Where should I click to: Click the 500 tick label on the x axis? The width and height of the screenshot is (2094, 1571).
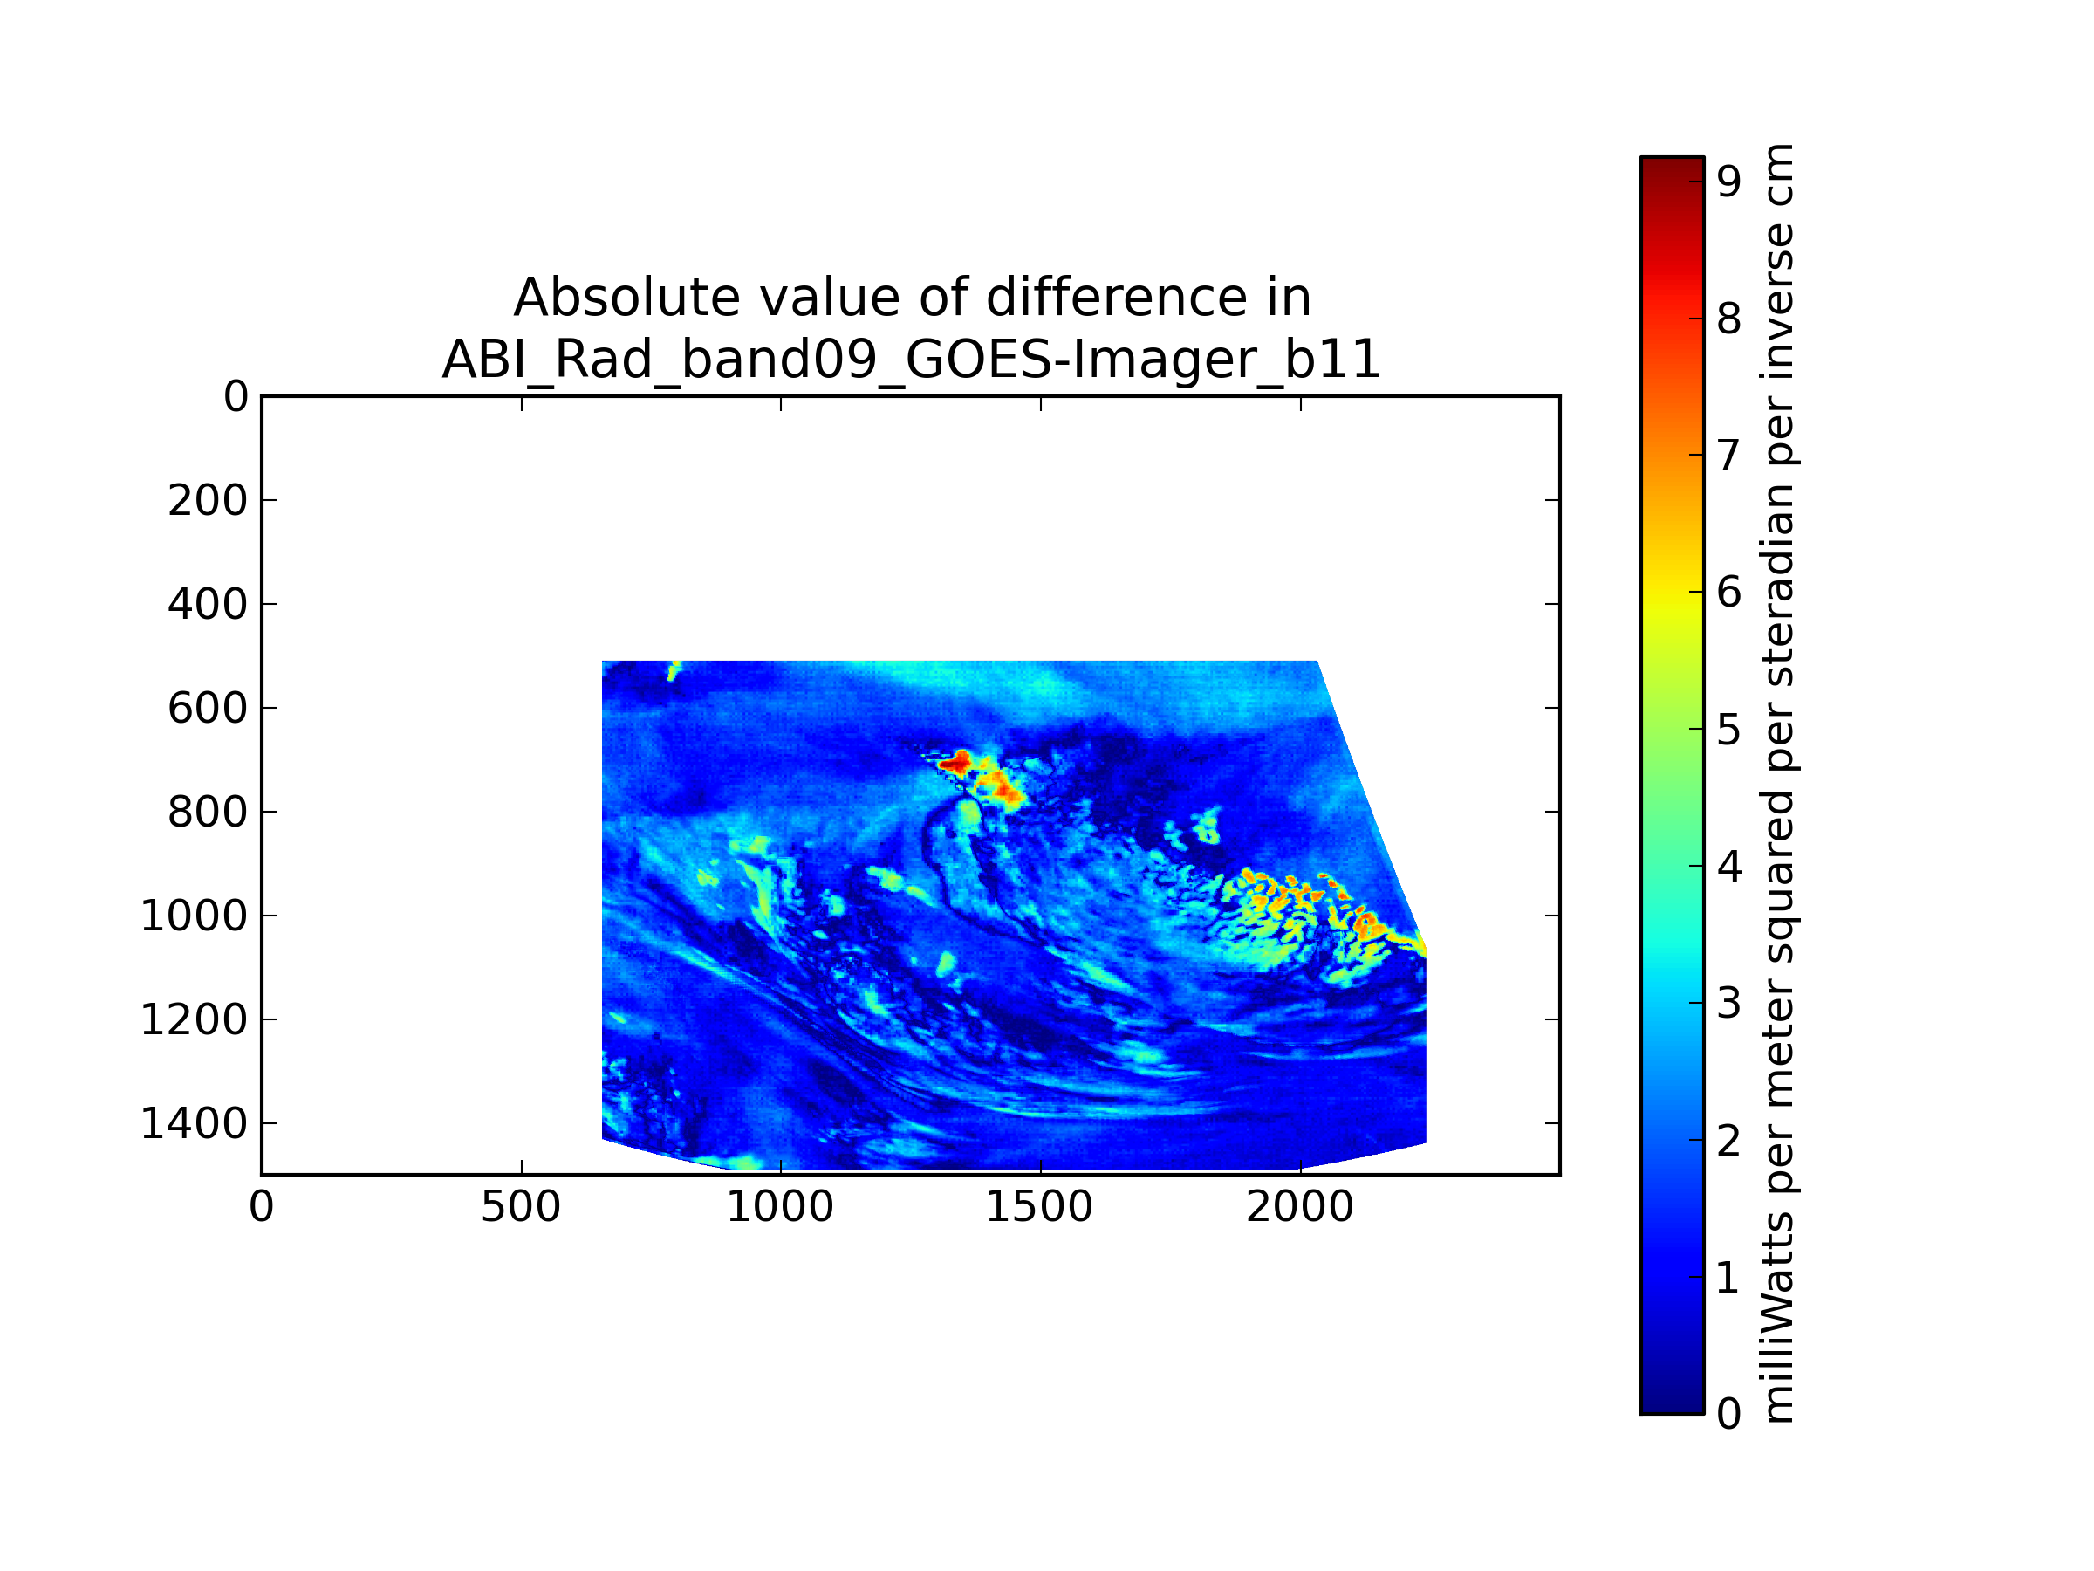point(521,1207)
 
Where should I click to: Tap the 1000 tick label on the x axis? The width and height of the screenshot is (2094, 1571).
point(780,1207)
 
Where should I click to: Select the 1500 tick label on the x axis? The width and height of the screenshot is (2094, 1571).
point(1039,1207)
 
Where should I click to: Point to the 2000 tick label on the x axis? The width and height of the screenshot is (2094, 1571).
point(1300,1207)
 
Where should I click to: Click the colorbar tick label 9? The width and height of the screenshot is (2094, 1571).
point(1728,182)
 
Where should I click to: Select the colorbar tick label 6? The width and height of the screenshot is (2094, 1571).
point(1728,593)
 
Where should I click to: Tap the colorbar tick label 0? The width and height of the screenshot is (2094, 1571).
point(1728,1415)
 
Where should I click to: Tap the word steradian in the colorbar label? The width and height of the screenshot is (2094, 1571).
point(1778,587)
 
